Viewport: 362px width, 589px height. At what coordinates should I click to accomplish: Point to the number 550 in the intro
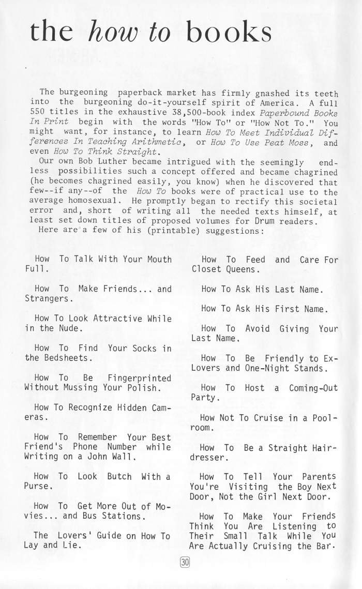tap(38, 113)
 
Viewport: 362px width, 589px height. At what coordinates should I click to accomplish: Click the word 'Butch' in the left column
tap(119, 476)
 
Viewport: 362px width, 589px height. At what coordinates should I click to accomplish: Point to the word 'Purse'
tap(37, 487)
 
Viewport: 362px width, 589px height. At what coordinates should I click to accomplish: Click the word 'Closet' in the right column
tap(206, 269)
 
